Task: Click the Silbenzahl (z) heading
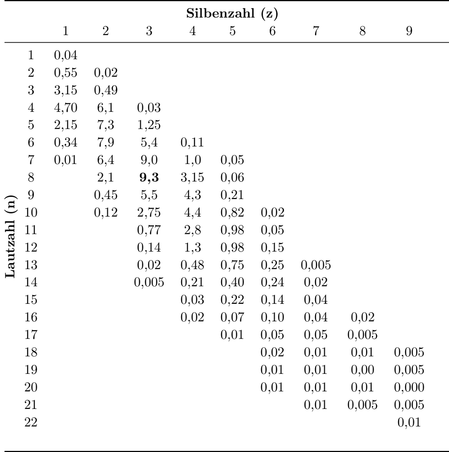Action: tap(232, 14)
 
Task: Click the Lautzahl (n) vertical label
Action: tap(11, 236)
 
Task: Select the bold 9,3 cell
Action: tap(149, 178)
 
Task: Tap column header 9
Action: tap(409, 31)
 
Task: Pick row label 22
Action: tap(31, 423)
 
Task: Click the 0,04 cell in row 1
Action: tap(65, 55)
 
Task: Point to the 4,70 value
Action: tap(65, 108)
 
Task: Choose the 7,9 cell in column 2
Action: tap(106, 143)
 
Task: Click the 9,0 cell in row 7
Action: tap(149, 160)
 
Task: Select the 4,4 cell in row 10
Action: tap(192, 213)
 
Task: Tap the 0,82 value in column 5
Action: tap(232, 213)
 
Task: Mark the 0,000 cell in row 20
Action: tap(409, 387)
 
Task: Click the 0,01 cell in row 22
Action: tap(409, 423)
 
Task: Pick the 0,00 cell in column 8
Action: tap(362, 370)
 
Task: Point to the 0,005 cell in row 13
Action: tap(316, 265)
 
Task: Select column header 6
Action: tap(272, 31)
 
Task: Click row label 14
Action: tap(31, 282)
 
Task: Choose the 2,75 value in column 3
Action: tap(149, 213)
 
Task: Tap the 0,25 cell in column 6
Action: tap(272, 265)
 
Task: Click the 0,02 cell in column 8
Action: tap(362, 317)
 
